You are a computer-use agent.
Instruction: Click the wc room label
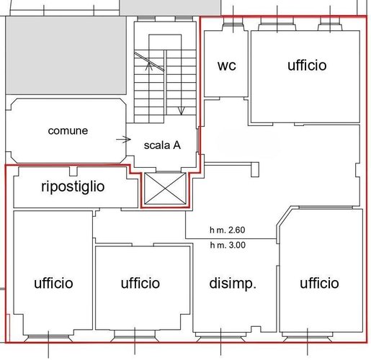[227, 66]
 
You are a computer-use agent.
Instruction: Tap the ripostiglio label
[73, 187]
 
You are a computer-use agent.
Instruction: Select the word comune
[68, 131]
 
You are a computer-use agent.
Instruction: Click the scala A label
[162, 145]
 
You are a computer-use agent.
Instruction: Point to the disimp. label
[233, 284]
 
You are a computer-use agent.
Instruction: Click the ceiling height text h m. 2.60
[228, 230]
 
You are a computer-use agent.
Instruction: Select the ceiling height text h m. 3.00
[228, 245]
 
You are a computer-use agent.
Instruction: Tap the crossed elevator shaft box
[165, 189]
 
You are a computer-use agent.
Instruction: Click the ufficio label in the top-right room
[307, 66]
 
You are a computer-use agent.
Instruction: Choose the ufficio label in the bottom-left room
[53, 283]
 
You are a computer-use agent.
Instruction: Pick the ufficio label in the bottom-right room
[319, 283]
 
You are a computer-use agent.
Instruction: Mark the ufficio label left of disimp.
[140, 283]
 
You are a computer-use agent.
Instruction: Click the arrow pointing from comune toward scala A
[124, 139]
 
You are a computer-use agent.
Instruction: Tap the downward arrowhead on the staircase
[182, 111]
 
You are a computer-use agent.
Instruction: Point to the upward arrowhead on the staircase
[149, 66]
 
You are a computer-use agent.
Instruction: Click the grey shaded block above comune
[66, 55]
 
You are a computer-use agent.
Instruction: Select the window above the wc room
[233, 24]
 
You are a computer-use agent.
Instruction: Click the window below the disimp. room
[221, 336]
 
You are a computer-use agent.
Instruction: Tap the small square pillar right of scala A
[255, 170]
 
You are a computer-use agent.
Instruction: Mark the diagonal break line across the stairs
[149, 61]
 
